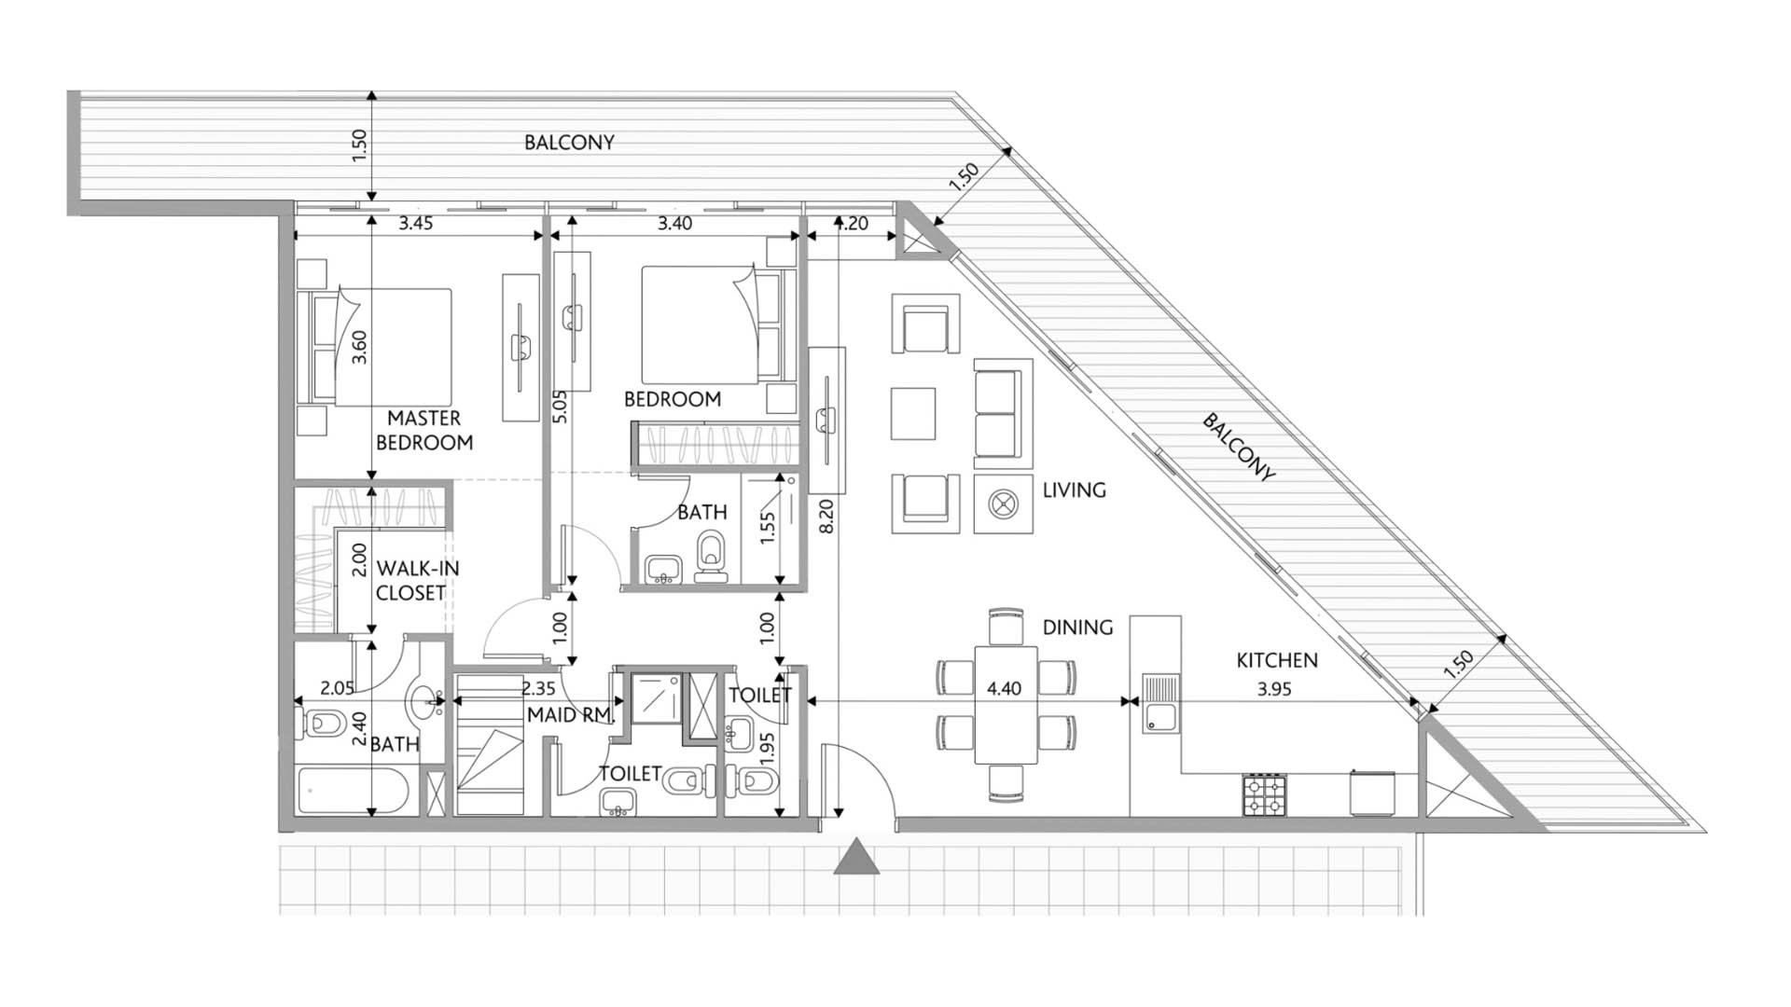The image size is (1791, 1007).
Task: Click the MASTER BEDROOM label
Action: pos(424,430)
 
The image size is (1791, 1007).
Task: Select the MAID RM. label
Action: pos(569,715)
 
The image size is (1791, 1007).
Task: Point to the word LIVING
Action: pos(1074,490)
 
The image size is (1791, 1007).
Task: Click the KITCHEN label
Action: pos(1276,660)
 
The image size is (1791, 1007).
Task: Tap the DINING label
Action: pos(1077,628)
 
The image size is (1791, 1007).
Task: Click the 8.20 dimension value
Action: pos(826,516)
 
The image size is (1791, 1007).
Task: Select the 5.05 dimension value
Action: pos(560,407)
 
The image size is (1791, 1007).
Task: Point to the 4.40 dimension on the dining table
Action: pos(1004,689)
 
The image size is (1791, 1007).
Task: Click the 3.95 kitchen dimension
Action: pos(1273,690)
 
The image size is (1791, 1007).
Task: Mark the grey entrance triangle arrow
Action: pos(856,858)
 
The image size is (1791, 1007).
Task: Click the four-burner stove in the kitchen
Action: pos(1264,794)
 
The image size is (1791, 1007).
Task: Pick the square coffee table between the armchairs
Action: pos(912,414)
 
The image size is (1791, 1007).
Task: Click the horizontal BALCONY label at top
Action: pos(569,143)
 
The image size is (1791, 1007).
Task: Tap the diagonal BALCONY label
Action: pos(1237,448)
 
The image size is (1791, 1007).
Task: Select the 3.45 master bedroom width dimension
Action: pos(415,224)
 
